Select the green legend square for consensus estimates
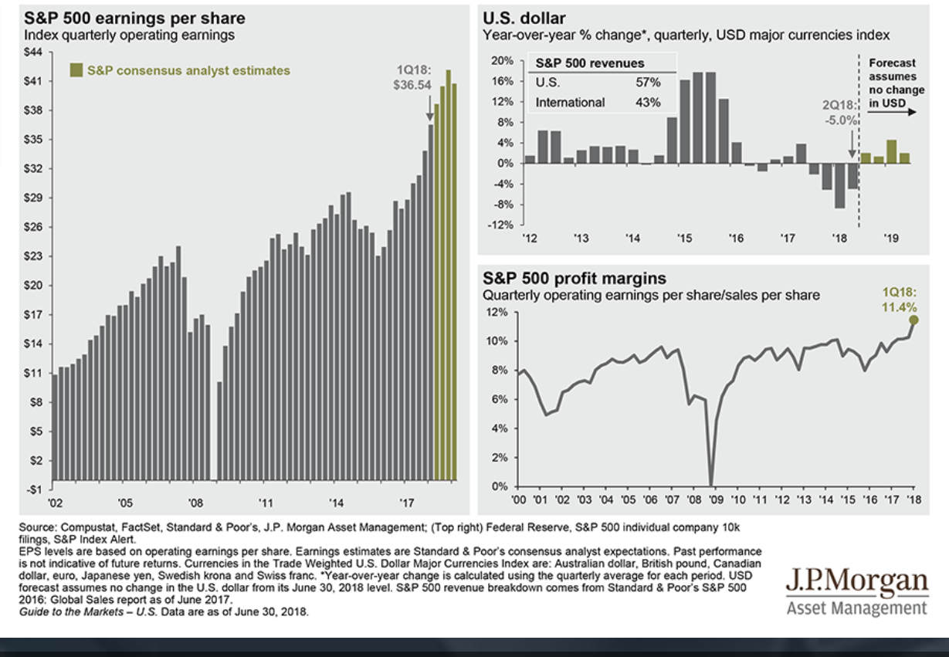pos(76,70)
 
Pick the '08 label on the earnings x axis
pos(195,503)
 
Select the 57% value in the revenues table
pos(646,82)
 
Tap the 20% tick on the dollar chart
pos(503,60)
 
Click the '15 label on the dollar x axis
pos(683,239)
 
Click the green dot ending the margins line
pos(913,320)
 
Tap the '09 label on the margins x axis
pos(714,500)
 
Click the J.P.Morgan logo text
pos(856,581)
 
